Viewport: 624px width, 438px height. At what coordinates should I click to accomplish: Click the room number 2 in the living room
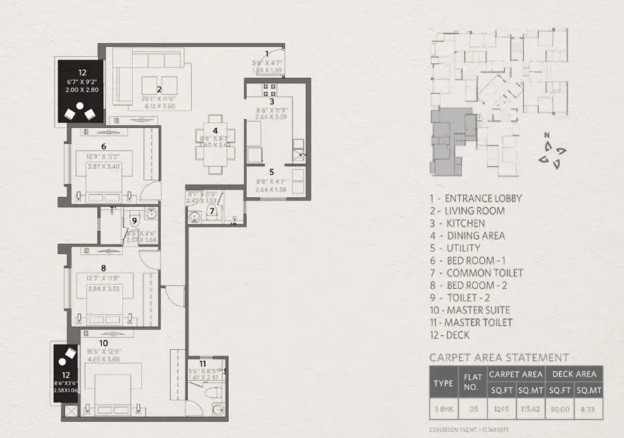point(159,89)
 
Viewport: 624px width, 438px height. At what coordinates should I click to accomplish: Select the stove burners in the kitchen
point(270,89)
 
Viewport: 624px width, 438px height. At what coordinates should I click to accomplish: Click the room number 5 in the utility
point(271,171)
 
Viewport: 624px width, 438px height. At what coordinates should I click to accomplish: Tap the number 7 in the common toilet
point(211,211)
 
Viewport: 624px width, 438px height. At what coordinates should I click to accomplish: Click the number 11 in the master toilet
point(203,364)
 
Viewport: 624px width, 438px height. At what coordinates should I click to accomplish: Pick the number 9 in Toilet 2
point(134,222)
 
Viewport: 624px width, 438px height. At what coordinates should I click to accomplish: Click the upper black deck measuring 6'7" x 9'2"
point(82,92)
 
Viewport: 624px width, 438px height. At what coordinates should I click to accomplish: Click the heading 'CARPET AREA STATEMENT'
point(499,358)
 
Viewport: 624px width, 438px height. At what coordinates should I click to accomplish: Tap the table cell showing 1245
point(497,407)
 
